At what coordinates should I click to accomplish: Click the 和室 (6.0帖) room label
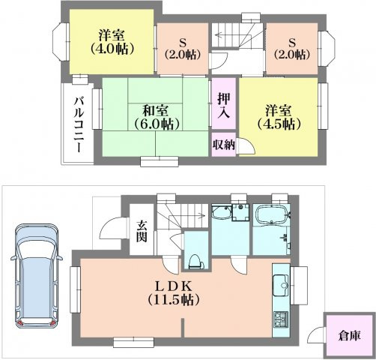(x=157, y=117)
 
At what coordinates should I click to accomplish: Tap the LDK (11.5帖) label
(x=174, y=293)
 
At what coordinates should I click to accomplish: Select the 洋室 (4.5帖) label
(x=279, y=117)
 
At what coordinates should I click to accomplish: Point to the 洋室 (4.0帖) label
(x=112, y=42)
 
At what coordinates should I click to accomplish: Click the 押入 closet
(x=224, y=103)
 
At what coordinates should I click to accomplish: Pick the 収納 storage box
(x=224, y=145)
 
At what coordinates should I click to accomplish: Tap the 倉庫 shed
(x=350, y=336)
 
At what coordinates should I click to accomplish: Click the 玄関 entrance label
(x=142, y=230)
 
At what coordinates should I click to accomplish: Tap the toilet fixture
(x=196, y=262)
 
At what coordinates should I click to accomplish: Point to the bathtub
(x=273, y=215)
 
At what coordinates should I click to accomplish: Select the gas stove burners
(x=281, y=319)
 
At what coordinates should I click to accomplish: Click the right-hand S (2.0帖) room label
(x=292, y=49)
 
